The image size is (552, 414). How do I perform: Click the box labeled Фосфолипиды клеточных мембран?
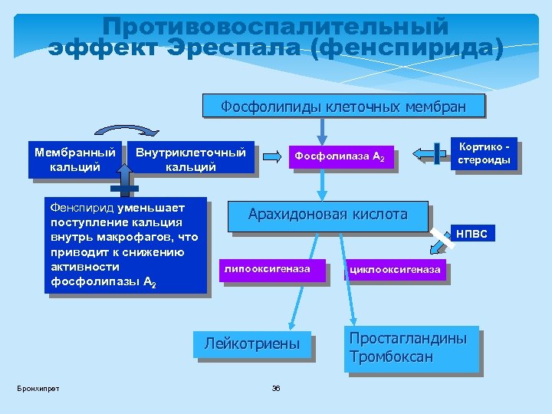click(343, 106)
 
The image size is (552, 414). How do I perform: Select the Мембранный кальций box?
click(74, 159)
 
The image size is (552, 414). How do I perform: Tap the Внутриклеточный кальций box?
click(191, 159)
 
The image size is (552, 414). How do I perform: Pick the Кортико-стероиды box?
click(484, 153)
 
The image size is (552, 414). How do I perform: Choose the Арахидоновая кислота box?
click(327, 215)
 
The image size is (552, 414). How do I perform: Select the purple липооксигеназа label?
click(267, 268)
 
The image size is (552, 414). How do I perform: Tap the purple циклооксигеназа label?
click(395, 269)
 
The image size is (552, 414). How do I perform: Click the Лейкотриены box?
click(252, 343)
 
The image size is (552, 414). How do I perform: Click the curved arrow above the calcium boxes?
click(127, 130)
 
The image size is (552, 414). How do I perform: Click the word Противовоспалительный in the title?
click(275, 26)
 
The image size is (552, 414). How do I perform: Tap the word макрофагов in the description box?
click(144, 237)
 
